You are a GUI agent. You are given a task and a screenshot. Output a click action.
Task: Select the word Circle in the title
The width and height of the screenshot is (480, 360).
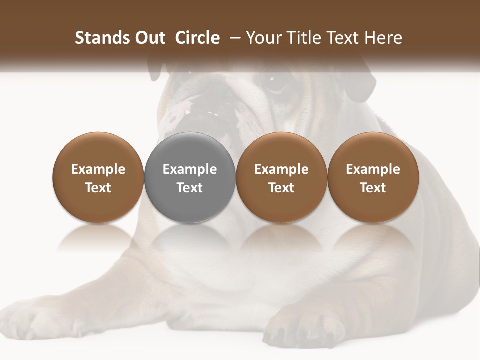point(197,38)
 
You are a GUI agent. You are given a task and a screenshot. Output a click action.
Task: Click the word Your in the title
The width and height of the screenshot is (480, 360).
point(263,38)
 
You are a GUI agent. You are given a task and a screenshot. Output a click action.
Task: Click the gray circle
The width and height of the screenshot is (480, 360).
point(190,177)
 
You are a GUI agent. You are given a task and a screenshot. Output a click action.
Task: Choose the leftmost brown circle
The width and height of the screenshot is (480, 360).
point(98,177)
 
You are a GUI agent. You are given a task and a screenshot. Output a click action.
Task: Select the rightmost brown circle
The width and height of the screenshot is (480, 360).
point(373,177)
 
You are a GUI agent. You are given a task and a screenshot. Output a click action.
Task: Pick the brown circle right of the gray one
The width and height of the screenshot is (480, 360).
point(281,177)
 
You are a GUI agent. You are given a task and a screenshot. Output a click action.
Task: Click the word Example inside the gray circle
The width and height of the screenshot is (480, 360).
point(190,169)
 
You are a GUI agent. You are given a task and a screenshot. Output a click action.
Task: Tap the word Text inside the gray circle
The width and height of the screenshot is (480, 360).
point(190,188)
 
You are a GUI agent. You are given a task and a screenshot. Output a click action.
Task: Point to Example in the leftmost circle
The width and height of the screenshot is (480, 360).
point(98,169)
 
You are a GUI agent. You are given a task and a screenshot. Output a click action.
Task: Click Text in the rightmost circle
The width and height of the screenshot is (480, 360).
point(373,188)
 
